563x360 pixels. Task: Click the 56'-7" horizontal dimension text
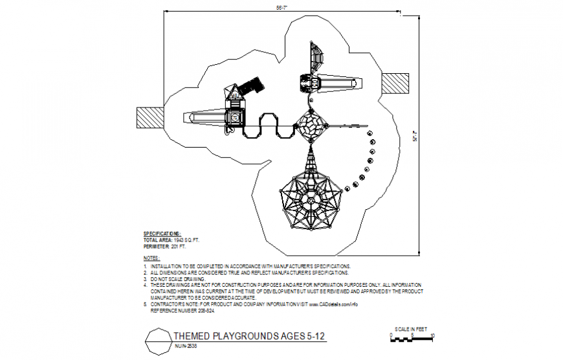coord(281,8)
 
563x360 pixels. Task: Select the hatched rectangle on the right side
coord(395,83)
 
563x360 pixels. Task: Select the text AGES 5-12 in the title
coord(309,336)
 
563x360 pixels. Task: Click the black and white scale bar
coord(412,336)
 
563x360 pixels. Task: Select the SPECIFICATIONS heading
coord(162,233)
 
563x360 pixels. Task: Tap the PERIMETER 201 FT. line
coord(164,247)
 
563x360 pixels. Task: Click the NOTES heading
coord(151,258)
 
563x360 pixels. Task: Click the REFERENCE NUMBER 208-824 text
coord(181,310)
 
